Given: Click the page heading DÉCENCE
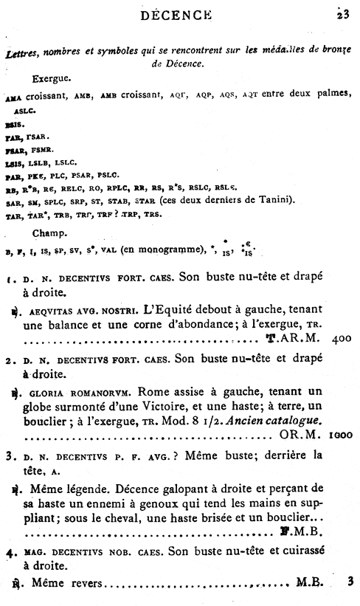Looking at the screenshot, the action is tap(181, 13).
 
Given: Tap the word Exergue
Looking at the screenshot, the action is tap(52, 76).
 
